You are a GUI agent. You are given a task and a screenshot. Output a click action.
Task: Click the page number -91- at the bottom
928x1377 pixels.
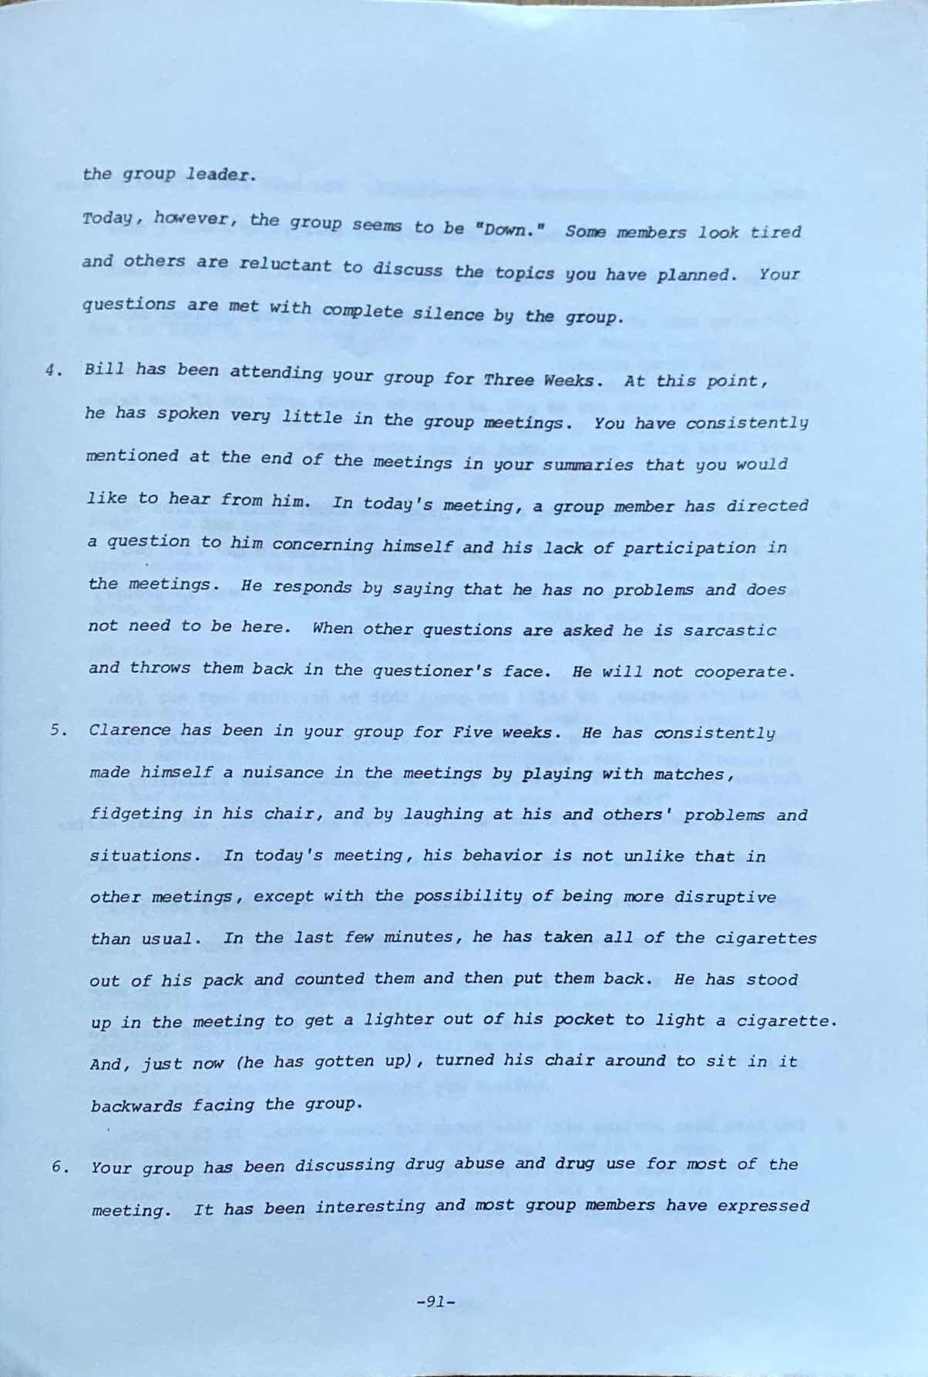pyautogui.click(x=435, y=1302)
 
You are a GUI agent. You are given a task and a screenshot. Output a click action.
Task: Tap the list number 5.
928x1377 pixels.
pyautogui.click(x=55, y=730)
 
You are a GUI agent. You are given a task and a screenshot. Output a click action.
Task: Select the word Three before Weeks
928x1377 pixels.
pyautogui.click(x=509, y=380)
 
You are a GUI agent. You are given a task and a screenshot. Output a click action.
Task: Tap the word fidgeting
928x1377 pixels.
pyautogui.click(x=126, y=814)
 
